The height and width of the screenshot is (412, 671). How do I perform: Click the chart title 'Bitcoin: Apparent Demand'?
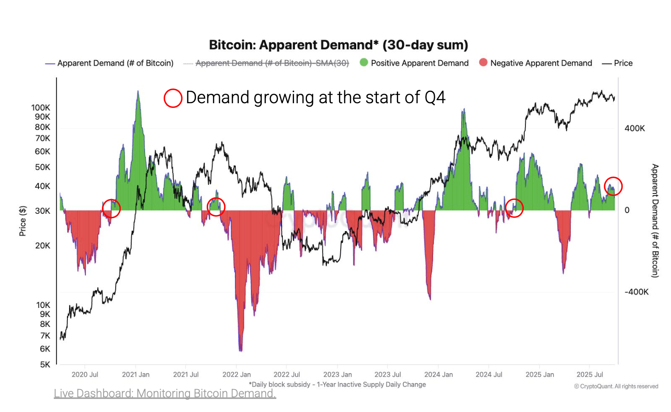pyautogui.click(x=338, y=45)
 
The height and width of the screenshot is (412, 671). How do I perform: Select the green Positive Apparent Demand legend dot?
pyautogui.click(x=364, y=63)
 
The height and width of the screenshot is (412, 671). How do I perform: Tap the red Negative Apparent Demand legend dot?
pyautogui.click(x=483, y=63)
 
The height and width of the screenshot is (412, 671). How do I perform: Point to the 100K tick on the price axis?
pyautogui.click(x=41, y=108)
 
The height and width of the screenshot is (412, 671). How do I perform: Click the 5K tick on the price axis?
pyautogui.click(x=45, y=364)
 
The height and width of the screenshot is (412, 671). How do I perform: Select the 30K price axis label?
pyautogui.click(x=42, y=211)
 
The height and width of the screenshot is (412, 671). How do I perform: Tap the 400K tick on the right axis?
pyautogui.click(x=634, y=128)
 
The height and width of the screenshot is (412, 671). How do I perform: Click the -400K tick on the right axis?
pyautogui.click(x=636, y=292)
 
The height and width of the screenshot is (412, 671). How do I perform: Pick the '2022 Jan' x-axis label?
pyautogui.click(x=236, y=374)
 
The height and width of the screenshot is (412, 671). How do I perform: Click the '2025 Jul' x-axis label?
pyautogui.click(x=589, y=374)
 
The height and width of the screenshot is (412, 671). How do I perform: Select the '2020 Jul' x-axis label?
pyautogui.click(x=85, y=374)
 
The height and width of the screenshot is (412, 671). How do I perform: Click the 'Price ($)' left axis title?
pyautogui.click(x=22, y=221)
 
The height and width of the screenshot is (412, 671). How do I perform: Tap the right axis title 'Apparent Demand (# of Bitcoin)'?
pyautogui.click(x=655, y=220)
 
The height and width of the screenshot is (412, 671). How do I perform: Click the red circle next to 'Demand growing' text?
pyautogui.click(x=173, y=98)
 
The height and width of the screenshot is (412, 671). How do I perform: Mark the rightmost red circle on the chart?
pyautogui.click(x=613, y=186)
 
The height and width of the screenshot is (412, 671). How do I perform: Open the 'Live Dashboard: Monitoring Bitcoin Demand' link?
pyautogui.click(x=165, y=393)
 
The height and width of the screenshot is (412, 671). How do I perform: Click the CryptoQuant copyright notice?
pyautogui.click(x=616, y=386)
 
